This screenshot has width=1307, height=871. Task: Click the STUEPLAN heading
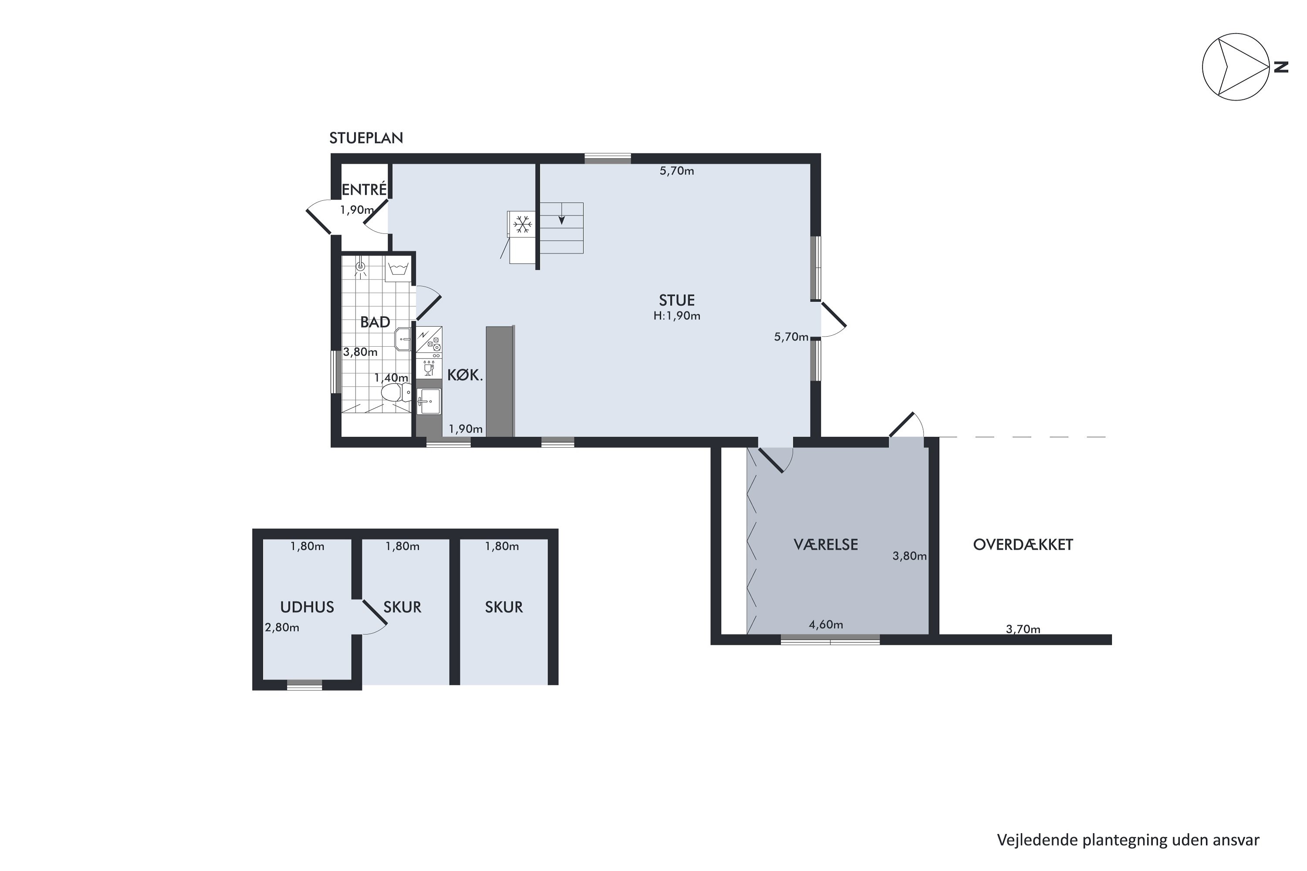pyautogui.click(x=366, y=138)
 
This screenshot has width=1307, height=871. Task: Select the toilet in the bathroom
pyautogui.click(x=396, y=392)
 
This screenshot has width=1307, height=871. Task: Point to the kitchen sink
pyautogui.click(x=428, y=401)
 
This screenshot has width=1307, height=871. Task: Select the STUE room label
pyautogui.click(x=677, y=300)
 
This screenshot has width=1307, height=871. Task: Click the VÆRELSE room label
pyautogui.click(x=826, y=544)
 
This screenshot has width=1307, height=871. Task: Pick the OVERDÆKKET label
pyautogui.click(x=1023, y=544)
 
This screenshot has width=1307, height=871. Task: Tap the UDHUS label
pyautogui.click(x=307, y=607)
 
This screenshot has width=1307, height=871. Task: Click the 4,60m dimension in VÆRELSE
pyautogui.click(x=826, y=625)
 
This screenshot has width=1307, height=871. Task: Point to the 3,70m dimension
pyautogui.click(x=1023, y=629)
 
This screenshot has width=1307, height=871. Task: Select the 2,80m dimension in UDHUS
pyautogui.click(x=282, y=627)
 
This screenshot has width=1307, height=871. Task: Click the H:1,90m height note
pyautogui.click(x=677, y=316)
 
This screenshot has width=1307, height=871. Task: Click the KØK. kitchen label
pyautogui.click(x=465, y=375)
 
